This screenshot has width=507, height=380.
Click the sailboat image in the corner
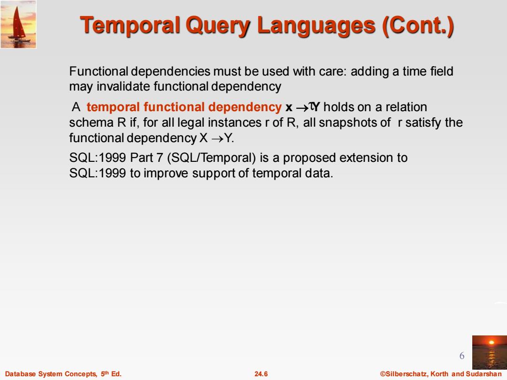(18, 24)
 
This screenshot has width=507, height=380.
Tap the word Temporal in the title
(130, 25)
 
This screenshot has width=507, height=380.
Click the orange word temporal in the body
(113, 107)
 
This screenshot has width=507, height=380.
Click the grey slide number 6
(462, 356)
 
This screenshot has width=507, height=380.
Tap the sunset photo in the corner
(490, 352)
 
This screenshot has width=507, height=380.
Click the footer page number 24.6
(261, 374)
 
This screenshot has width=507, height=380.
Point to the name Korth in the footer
(439, 374)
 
